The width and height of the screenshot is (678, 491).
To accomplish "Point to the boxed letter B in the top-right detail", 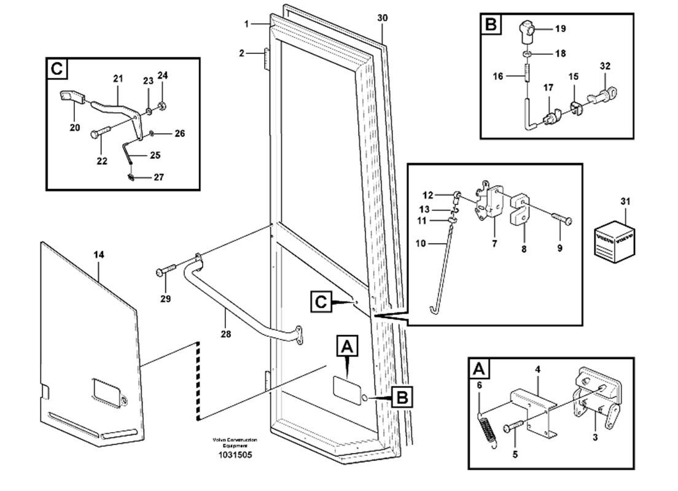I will (x=491, y=25).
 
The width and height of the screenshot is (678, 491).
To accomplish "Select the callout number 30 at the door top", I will (x=382, y=18).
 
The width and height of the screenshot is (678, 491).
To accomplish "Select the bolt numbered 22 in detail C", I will (x=100, y=131).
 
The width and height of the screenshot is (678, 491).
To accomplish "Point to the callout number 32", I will (x=605, y=66).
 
